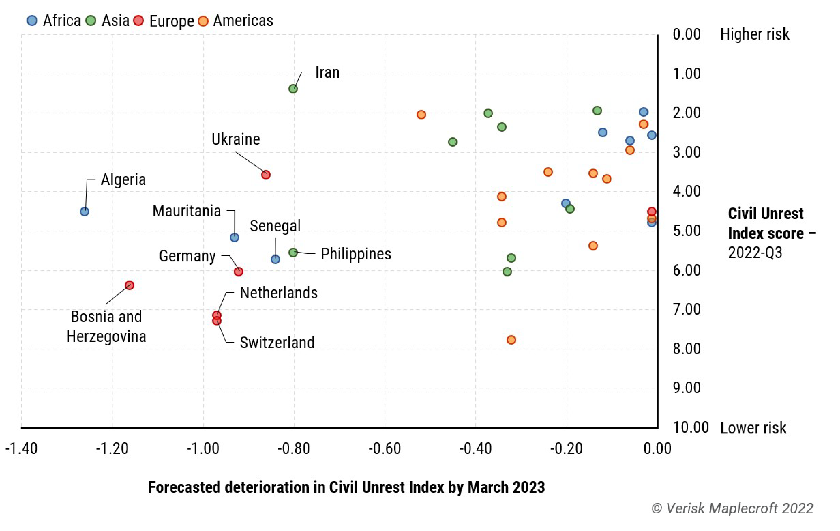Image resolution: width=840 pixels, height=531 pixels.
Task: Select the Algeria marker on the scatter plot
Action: [84, 212]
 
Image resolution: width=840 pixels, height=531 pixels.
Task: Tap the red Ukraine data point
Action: [266, 175]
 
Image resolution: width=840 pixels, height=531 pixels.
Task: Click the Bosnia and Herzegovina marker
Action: [129, 285]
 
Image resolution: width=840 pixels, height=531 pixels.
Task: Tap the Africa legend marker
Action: [32, 21]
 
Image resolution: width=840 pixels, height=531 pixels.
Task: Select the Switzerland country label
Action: [277, 342]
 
